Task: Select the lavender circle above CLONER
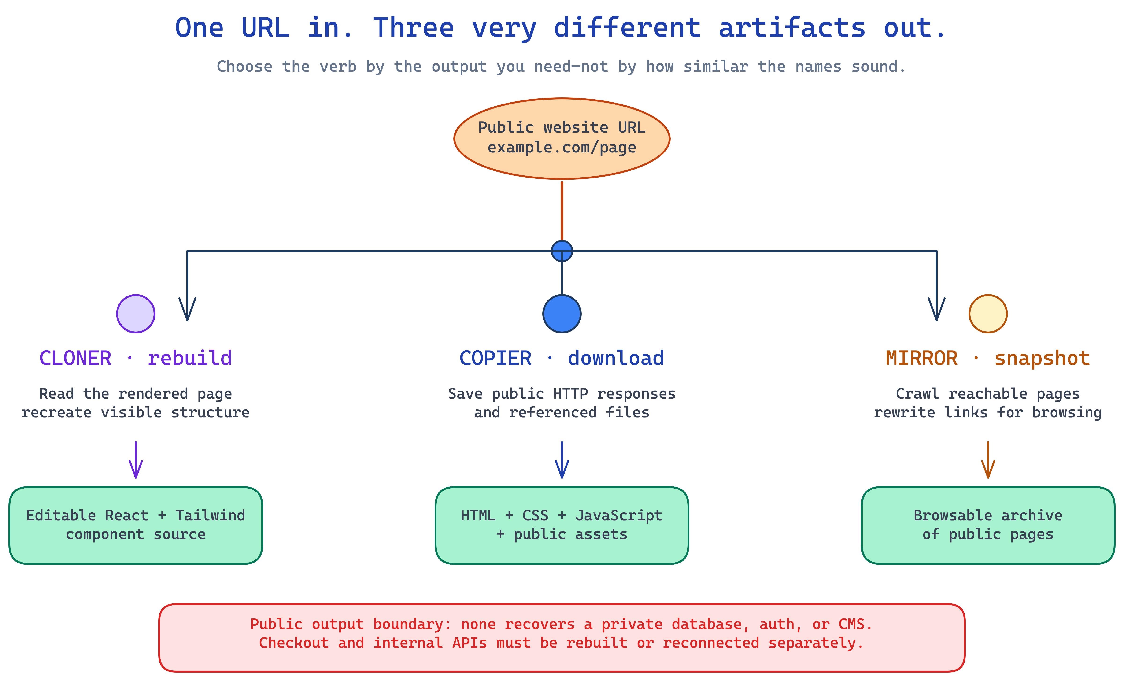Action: point(136,314)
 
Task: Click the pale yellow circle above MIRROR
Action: point(988,314)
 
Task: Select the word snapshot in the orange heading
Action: point(1042,358)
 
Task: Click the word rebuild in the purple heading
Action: point(190,358)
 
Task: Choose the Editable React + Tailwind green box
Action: point(136,526)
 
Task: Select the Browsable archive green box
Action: point(988,526)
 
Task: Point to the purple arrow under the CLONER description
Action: point(136,460)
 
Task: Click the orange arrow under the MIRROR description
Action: point(988,460)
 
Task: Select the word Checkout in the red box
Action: point(294,643)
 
